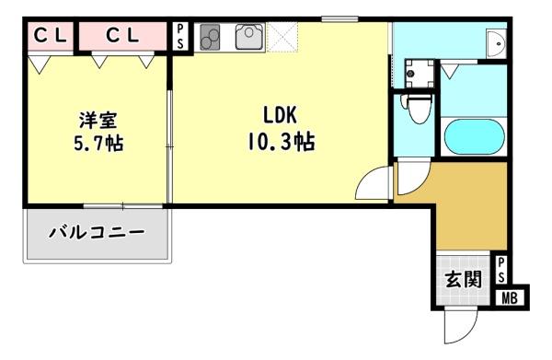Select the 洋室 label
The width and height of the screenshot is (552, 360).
click(x=96, y=120)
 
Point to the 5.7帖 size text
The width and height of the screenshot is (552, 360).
click(x=96, y=144)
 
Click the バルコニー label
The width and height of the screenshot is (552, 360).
click(x=97, y=231)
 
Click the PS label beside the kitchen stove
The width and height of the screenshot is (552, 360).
click(x=180, y=38)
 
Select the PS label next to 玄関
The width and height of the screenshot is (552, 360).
click(x=502, y=270)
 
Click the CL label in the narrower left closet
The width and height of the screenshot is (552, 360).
click(x=48, y=36)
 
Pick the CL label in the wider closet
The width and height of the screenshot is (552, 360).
click(x=121, y=36)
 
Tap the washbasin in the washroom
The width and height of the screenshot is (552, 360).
click(x=497, y=44)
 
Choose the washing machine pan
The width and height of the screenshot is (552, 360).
click(x=419, y=72)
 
